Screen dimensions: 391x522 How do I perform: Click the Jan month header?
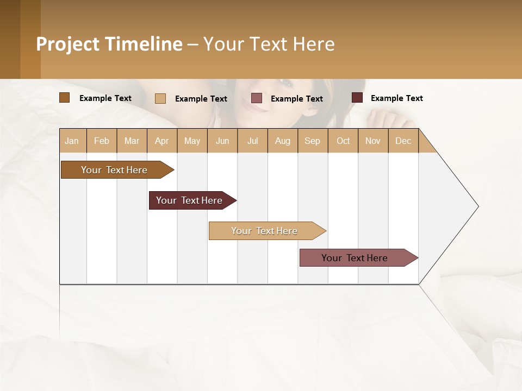click(72, 141)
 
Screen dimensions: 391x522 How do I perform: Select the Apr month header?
click(161, 141)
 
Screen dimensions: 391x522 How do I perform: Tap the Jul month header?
click(252, 141)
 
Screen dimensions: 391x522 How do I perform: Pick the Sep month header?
click(312, 141)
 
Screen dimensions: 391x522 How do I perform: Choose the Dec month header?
click(403, 141)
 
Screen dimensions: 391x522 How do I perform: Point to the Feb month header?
click(102, 141)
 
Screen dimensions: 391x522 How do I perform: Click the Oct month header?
click(343, 141)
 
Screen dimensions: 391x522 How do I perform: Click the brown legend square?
click(64, 98)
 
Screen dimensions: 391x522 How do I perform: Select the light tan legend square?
click(160, 98)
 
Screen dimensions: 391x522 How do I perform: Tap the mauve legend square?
click(257, 98)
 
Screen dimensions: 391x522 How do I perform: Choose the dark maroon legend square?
click(357, 98)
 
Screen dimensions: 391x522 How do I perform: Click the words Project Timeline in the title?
click(109, 44)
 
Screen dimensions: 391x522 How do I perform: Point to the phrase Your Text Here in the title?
click(269, 44)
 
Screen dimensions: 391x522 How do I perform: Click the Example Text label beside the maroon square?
click(396, 98)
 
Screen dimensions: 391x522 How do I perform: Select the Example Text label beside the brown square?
click(105, 98)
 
